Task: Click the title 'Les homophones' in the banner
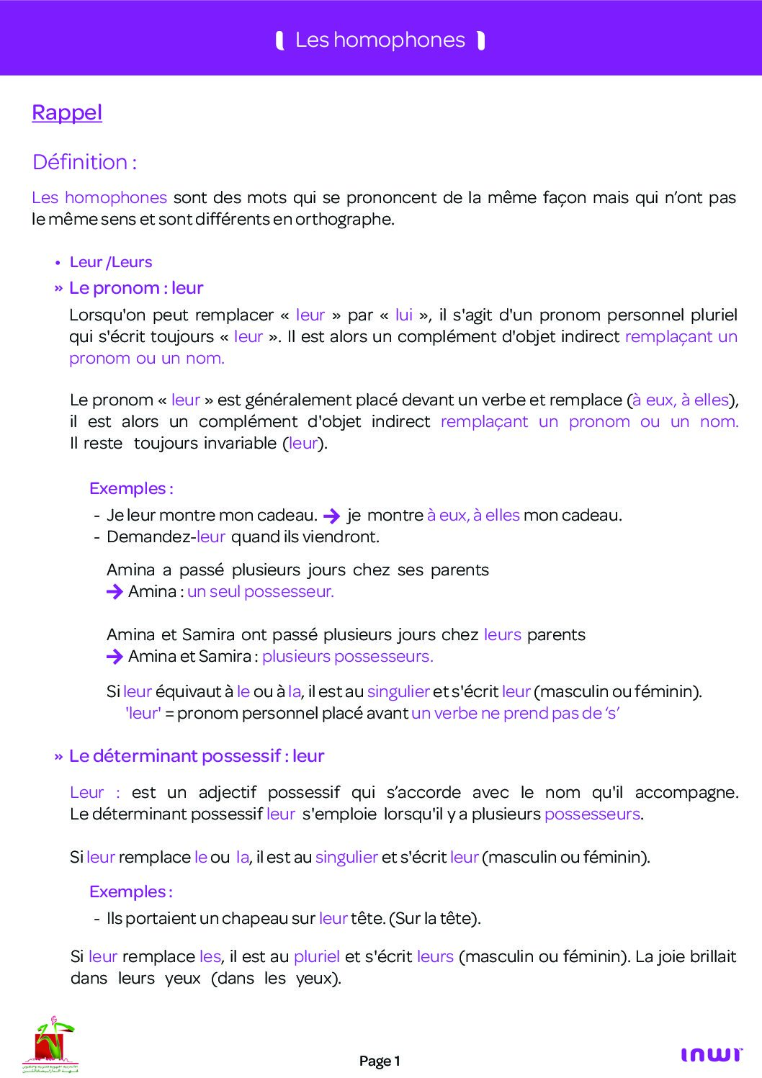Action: coord(380,40)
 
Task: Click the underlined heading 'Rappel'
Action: coord(67,113)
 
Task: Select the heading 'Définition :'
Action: coord(84,162)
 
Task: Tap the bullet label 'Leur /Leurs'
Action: coord(111,262)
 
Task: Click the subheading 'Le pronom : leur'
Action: coord(136,288)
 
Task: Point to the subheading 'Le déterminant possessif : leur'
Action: coord(197,756)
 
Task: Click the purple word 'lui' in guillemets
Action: coord(404,315)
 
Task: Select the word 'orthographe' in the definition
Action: coord(344,219)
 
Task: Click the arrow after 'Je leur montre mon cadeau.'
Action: coord(332,516)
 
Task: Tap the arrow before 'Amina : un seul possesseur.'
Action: coord(115,592)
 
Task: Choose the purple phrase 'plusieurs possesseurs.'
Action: coord(347,656)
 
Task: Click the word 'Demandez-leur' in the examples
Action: coord(166,536)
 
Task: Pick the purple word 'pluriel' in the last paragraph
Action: coord(317,956)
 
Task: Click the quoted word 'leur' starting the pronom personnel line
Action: coord(143,713)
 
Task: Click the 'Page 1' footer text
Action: coord(380,1061)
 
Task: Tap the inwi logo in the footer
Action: coord(711,1055)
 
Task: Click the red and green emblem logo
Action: coord(50,1044)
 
